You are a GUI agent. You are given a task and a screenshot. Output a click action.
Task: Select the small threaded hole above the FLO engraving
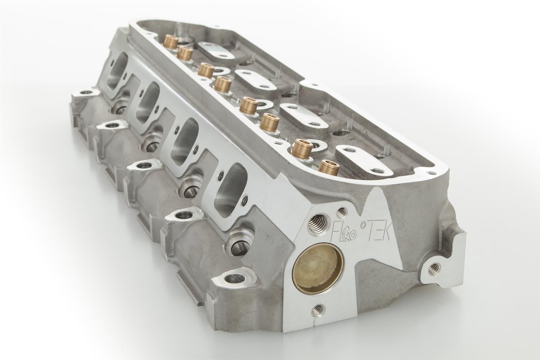click(342, 212)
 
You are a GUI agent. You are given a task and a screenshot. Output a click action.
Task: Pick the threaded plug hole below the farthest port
click(120, 109)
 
